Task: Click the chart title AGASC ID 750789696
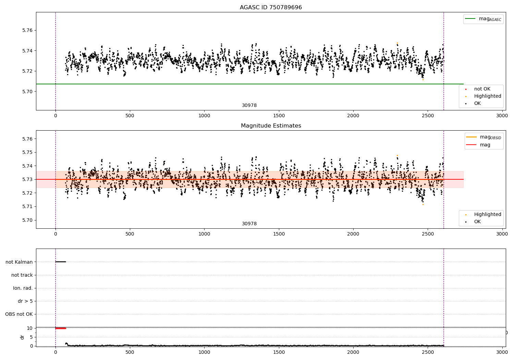coord(271,8)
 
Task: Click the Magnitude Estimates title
coord(271,126)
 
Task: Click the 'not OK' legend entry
coord(482,89)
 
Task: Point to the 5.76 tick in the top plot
coord(27,30)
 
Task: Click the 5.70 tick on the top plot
coord(27,92)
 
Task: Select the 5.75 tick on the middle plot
coord(27,152)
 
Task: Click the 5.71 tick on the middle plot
coord(27,207)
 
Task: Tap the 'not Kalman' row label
coord(19,262)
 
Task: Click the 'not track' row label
coord(22,275)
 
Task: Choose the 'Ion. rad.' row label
coord(23,288)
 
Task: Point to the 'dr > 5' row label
coord(25,301)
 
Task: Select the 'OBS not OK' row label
coord(19,314)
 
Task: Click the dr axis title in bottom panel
coord(22,337)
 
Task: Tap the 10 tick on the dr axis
coord(29,328)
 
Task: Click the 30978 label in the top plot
coord(249,106)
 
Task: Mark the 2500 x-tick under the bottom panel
coord(428,352)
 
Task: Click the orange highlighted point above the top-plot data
coord(397,43)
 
